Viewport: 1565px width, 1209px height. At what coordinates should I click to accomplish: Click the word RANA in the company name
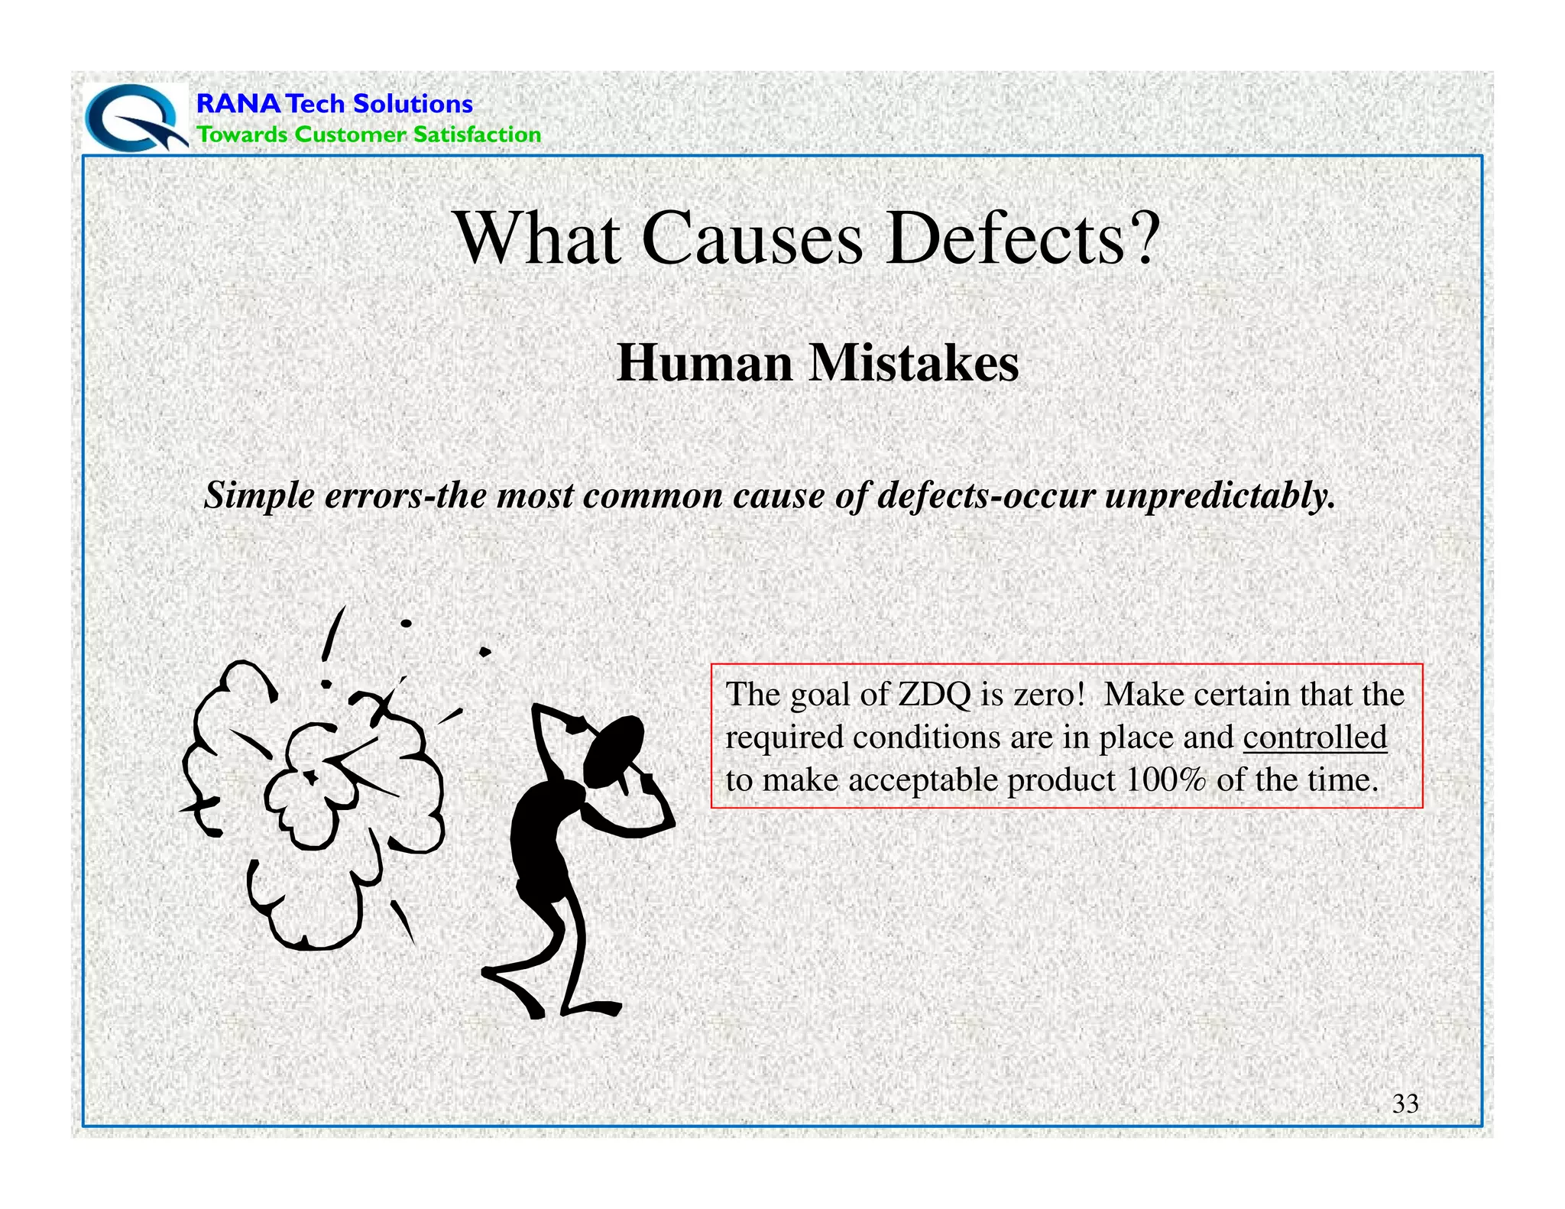[x=238, y=104]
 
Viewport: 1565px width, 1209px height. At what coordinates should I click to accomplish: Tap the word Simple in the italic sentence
[x=259, y=496]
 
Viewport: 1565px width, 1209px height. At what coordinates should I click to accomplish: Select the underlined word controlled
[x=1314, y=737]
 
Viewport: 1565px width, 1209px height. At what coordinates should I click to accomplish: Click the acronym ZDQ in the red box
[x=935, y=695]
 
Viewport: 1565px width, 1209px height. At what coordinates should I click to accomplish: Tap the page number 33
[x=1405, y=1104]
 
